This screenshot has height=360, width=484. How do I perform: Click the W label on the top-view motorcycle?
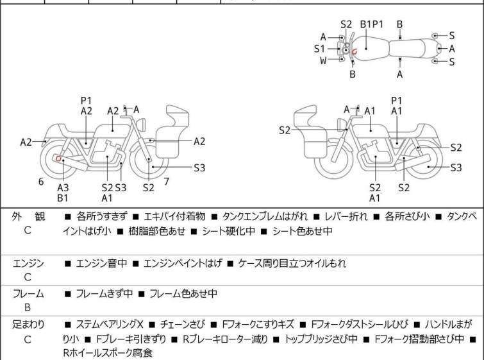(x=323, y=60)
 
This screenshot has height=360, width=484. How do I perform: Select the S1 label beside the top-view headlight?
(x=319, y=49)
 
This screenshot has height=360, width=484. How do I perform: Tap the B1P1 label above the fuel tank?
(x=372, y=24)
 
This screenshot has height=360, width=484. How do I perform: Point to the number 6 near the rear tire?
(x=41, y=182)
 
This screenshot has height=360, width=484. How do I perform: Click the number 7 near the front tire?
(x=167, y=182)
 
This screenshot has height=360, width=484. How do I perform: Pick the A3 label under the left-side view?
(x=63, y=187)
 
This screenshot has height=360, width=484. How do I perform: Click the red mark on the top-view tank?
(x=355, y=51)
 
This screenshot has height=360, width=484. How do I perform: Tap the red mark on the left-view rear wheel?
(x=58, y=159)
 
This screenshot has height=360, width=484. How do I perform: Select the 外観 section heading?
(x=28, y=216)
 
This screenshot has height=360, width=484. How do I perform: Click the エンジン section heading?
(x=28, y=263)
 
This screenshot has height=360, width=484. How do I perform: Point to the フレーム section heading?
(x=28, y=293)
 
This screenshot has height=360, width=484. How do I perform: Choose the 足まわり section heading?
(x=28, y=325)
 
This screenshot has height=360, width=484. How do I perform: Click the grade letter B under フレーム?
(x=28, y=307)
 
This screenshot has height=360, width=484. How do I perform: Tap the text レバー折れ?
(x=346, y=216)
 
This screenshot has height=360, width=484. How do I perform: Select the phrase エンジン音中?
(x=101, y=263)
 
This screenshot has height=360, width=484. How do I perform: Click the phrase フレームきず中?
(x=104, y=293)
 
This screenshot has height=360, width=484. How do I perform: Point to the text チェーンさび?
(x=182, y=325)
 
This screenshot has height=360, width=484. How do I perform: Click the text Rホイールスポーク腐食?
(x=108, y=352)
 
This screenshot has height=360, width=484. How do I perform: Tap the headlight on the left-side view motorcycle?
(x=142, y=124)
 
